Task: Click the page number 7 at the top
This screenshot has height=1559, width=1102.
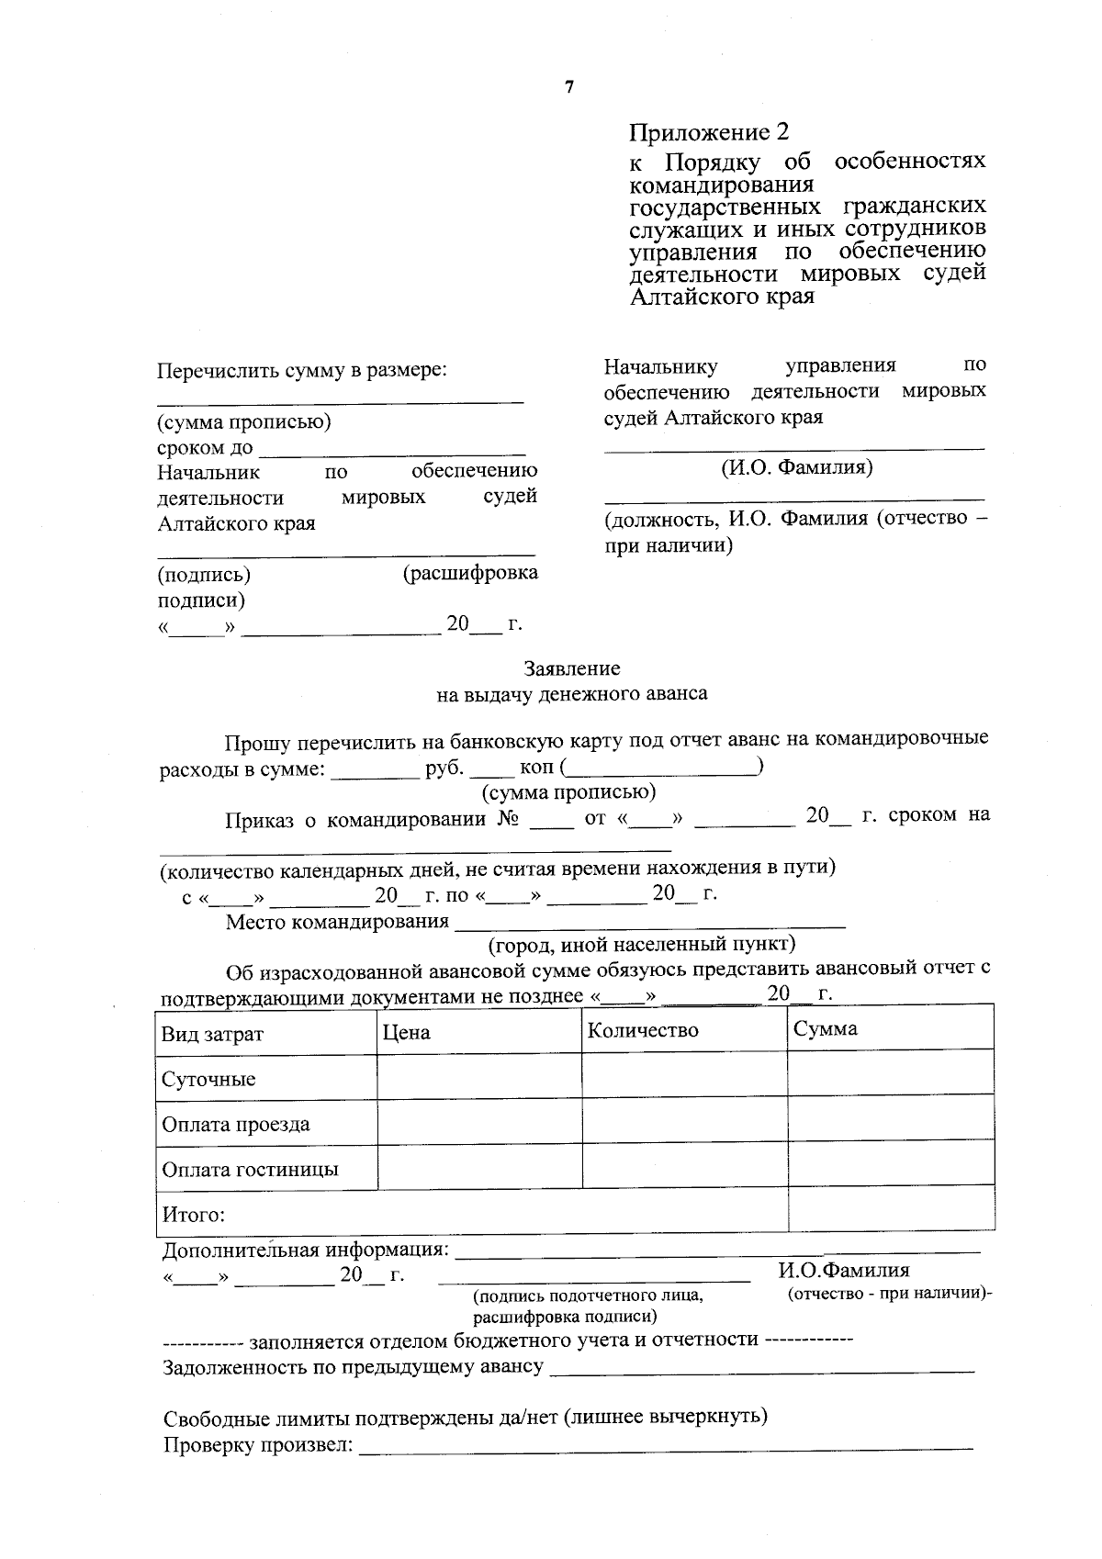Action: [x=569, y=87]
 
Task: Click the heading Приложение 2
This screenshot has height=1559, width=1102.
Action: [x=708, y=132]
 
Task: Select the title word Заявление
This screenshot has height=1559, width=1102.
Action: [x=572, y=668]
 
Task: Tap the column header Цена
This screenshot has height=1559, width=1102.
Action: [x=407, y=1032]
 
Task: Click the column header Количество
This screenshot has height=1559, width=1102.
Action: [x=643, y=1030]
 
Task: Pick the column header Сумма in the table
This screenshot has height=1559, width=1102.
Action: [x=826, y=1028]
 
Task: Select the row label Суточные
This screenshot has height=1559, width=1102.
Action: [x=208, y=1079]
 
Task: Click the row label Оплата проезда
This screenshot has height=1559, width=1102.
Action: [x=236, y=1124]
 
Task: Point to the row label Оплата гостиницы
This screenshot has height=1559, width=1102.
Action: [x=250, y=1170]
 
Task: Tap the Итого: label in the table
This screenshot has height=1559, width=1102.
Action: [x=194, y=1215]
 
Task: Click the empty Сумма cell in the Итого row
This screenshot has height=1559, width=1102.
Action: [x=891, y=1208]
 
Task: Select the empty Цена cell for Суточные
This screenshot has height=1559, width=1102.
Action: [x=478, y=1075]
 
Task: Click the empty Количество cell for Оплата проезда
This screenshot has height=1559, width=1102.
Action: [x=684, y=1118]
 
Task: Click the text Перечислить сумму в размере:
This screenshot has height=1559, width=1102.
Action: [x=302, y=370]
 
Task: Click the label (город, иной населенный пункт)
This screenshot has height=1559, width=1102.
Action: [x=642, y=944]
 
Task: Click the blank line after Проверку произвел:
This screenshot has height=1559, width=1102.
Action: [x=665, y=1449]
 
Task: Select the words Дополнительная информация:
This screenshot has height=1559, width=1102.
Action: [x=306, y=1251]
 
